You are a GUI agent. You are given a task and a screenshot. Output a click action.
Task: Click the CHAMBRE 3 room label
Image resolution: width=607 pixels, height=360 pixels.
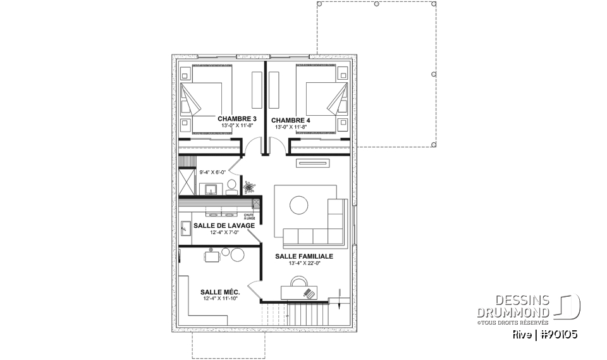237,119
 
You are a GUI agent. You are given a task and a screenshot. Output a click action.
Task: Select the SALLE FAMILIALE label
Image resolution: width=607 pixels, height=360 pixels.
303,256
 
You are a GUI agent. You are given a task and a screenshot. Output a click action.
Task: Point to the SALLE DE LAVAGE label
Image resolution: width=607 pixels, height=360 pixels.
224,225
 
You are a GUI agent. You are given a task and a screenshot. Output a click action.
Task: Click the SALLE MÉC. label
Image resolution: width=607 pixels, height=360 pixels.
219,292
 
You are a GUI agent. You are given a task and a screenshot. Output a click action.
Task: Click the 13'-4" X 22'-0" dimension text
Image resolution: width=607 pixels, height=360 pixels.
303,263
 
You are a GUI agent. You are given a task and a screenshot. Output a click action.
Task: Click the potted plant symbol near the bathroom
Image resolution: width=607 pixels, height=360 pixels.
248,187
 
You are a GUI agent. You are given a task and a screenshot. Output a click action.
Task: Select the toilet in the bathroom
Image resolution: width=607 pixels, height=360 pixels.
232,187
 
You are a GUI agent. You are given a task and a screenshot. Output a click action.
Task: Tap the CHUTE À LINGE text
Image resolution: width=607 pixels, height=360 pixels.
250,216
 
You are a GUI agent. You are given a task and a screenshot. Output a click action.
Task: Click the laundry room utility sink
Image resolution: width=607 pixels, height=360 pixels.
187,227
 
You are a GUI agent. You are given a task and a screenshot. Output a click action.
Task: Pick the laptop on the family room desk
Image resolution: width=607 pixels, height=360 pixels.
309,292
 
